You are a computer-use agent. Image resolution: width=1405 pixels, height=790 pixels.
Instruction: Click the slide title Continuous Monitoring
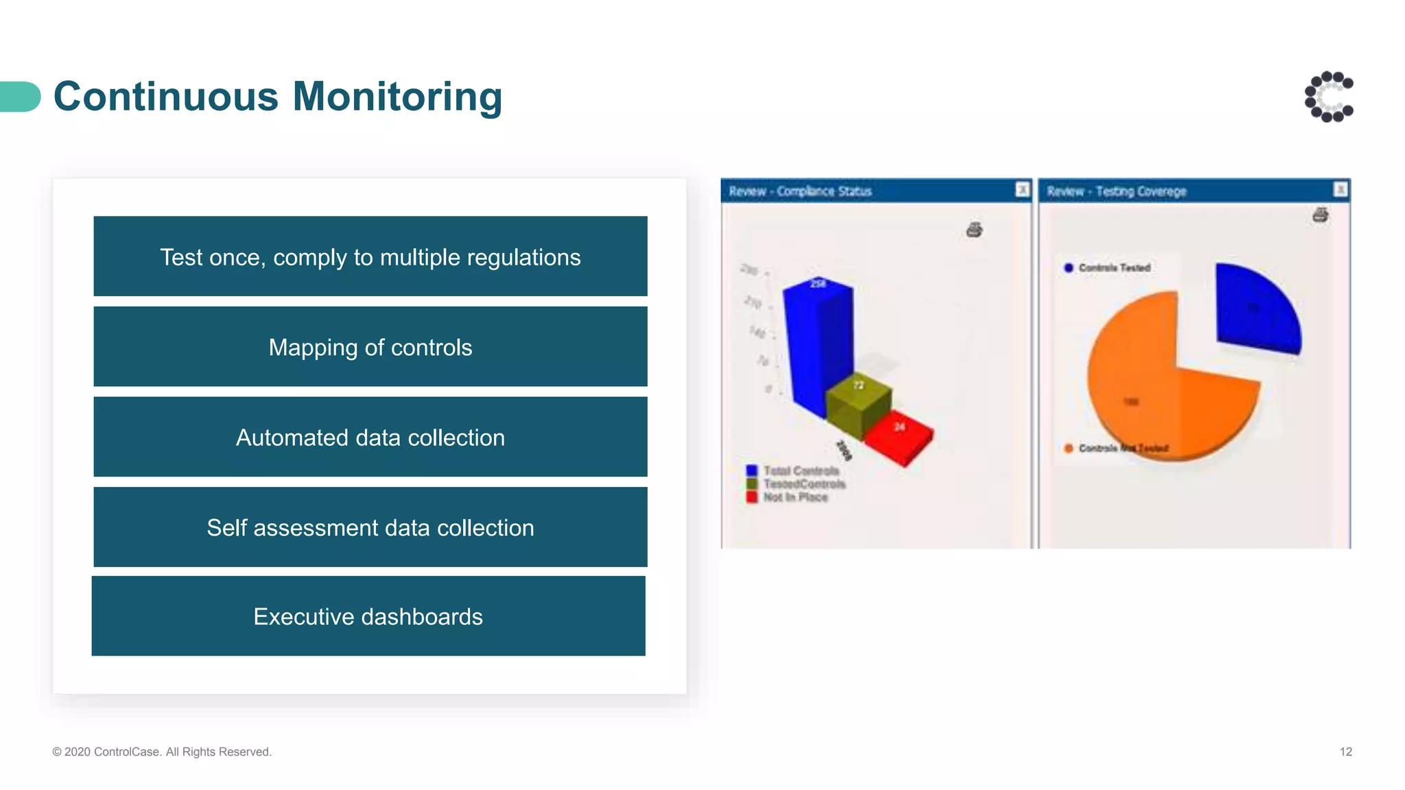tap(278, 96)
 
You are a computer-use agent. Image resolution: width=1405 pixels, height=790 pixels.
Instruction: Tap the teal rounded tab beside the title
tap(20, 97)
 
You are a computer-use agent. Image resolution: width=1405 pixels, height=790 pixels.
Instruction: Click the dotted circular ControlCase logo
tap(1329, 97)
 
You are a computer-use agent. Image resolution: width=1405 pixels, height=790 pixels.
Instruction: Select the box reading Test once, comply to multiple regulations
tap(370, 256)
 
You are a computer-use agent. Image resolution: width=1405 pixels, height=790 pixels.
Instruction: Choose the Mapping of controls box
tap(370, 347)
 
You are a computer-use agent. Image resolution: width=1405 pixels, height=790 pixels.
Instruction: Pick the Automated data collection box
tap(370, 437)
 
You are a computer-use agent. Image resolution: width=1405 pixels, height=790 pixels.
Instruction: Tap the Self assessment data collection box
tap(370, 527)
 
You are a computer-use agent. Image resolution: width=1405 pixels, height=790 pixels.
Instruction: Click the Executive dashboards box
tap(368, 616)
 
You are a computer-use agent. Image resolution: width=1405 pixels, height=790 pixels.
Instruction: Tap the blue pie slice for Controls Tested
tap(1255, 309)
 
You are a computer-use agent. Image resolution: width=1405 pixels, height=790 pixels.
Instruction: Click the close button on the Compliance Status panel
tap(1022, 189)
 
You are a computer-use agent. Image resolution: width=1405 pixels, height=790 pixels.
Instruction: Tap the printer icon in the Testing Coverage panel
tap(1321, 215)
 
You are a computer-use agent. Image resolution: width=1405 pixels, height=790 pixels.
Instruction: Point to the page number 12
tap(1345, 752)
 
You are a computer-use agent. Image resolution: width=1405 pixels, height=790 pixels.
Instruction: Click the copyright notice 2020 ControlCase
tap(162, 752)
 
